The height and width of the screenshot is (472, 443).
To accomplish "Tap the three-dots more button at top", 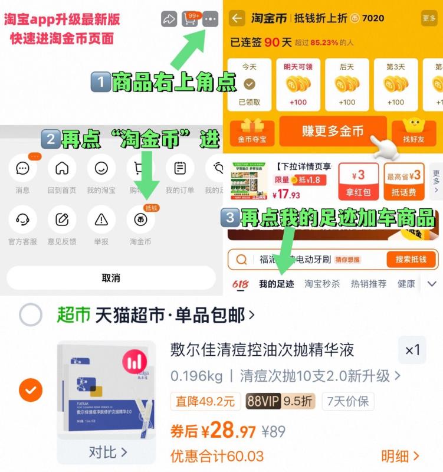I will (x=210, y=19).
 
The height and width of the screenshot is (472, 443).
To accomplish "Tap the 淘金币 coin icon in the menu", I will (x=141, y=219).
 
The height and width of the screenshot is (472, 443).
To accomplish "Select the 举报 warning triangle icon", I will (x=101, y=219).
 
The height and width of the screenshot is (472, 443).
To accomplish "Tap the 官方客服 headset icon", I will (x=23, y=219).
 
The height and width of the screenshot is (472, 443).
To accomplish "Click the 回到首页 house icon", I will (x=62, y=169).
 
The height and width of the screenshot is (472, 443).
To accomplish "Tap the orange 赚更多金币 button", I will (x=333, y=131).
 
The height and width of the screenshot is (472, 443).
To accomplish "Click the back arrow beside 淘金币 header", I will (x=237, y=18).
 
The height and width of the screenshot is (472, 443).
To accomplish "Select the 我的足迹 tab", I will (x=276, y=284).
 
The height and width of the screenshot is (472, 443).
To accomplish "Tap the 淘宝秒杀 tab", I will (x=322, y=284).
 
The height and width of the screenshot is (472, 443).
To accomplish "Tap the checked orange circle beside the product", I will (x=31, y=389).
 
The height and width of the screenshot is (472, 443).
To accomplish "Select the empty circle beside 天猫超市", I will (x=31, y=315).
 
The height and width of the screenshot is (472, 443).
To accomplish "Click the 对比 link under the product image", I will (x=107, y=452).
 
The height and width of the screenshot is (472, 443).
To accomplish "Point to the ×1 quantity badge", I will (x=412, y=350).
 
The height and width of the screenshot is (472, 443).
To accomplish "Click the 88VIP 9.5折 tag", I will (x=280, y=401).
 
